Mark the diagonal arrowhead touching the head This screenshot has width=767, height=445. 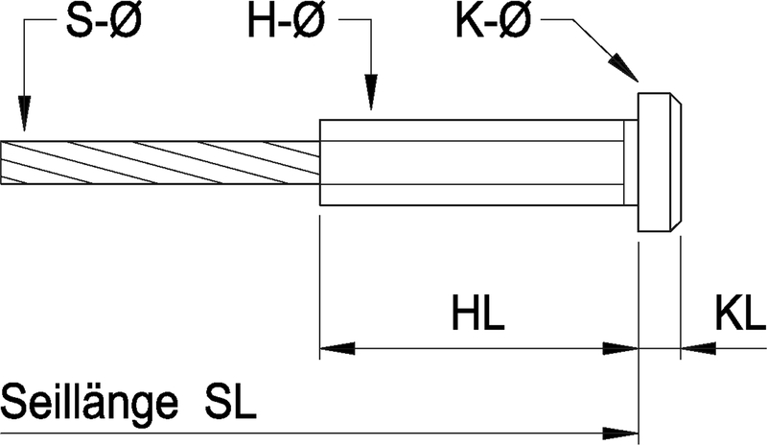coord(625,70)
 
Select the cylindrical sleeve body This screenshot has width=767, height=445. coord(470,162)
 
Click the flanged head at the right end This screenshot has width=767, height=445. coord(660,162)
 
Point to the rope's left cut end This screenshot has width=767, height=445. coord(4,162)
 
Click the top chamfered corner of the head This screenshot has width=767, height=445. coord(678,100)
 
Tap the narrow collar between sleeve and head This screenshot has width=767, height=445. coord(631,162)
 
